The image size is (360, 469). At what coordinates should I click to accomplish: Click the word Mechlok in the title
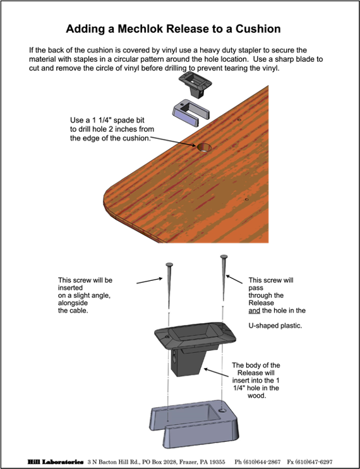pos(140,28)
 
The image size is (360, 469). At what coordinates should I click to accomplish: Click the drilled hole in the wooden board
pos(204,148)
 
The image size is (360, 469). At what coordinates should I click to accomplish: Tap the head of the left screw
pos(169,264)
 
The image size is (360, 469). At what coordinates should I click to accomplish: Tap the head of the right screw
pos(224,257)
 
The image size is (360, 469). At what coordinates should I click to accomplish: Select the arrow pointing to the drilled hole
pos(172,141)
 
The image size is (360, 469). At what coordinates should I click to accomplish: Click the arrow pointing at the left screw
pos(150,280)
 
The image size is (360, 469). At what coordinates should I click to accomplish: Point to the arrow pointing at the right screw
pos(234,279)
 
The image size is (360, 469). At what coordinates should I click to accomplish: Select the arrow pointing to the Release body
pos(218,373)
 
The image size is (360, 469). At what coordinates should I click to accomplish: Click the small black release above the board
pos(195,83)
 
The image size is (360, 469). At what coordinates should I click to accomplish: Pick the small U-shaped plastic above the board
pos(191,113)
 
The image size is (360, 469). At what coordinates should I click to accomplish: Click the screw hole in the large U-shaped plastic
pos(222,411)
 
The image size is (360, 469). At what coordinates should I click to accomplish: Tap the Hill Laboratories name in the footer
pos(56,462)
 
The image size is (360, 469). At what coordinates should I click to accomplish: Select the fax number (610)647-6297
pos(314,462)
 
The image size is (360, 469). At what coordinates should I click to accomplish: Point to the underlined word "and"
pos(255,311)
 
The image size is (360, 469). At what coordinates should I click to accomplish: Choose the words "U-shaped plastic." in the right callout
pos(275,326)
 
